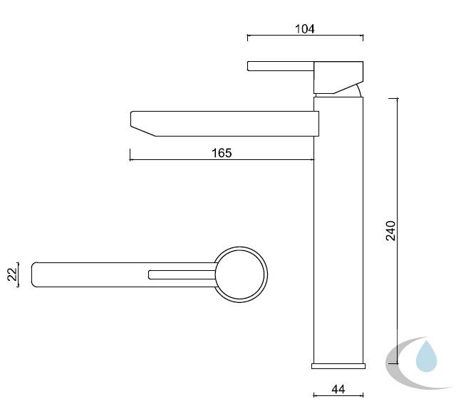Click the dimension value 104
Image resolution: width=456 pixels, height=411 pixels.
pos(304,29)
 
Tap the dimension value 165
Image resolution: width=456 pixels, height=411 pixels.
pos(222,153)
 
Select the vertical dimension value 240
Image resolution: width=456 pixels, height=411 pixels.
pos(391,231)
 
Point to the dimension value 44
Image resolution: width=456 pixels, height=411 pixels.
pos(338,389)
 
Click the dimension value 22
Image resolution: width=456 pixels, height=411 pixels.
pos(12,274)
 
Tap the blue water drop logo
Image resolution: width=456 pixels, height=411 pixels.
pos(426,356)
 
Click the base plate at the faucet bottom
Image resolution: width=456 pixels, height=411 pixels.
pos(338,366)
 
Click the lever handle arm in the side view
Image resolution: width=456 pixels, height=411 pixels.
pos(281,66)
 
